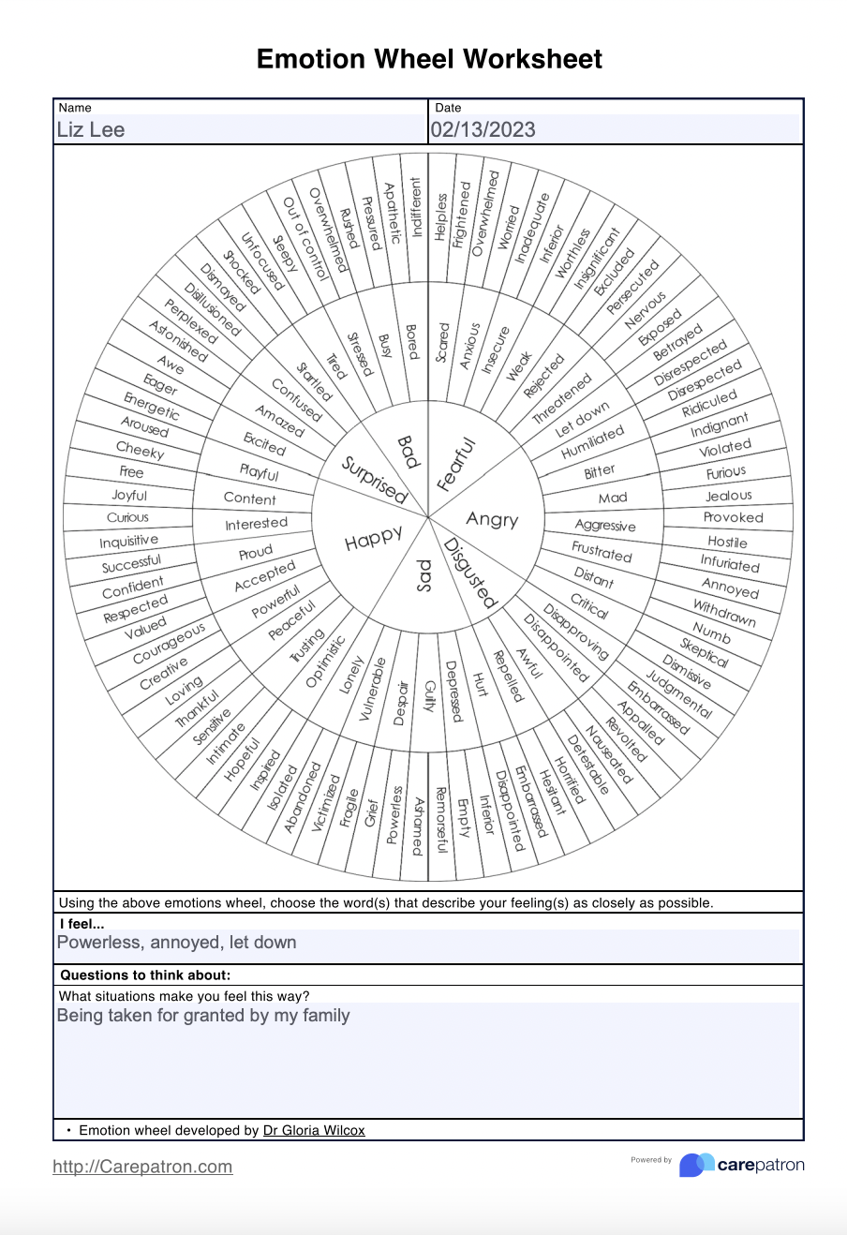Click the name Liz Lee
coord(91,129)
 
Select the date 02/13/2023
coord(483,129)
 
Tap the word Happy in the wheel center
coord(373,540)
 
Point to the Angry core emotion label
coord(492,519)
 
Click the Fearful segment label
coord(457,465)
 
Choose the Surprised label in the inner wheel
coord(374,478)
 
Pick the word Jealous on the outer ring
coord(729,496)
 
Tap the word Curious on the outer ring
coord(127,517)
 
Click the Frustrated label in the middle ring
coord(602,552)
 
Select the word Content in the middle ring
coord(250,498)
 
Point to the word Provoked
coord(734,517)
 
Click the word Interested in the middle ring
coord(256,524)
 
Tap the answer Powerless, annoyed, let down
coord(177,943)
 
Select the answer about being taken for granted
coord(203,1016)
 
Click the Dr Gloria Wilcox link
coord(314,1131)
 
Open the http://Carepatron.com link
coord(142,1167)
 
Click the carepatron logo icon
coord(696,1165)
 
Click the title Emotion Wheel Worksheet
coord(429,59)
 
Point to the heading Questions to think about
coord(145,975)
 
